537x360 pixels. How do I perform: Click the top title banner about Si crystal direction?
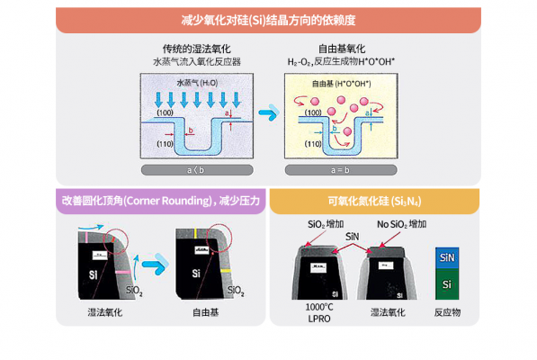pos(267,18)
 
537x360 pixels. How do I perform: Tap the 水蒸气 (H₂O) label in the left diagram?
pos(184,82)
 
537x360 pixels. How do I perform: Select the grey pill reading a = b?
pos(338,169)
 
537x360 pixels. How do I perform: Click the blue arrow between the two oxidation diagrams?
pos(268,114)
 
